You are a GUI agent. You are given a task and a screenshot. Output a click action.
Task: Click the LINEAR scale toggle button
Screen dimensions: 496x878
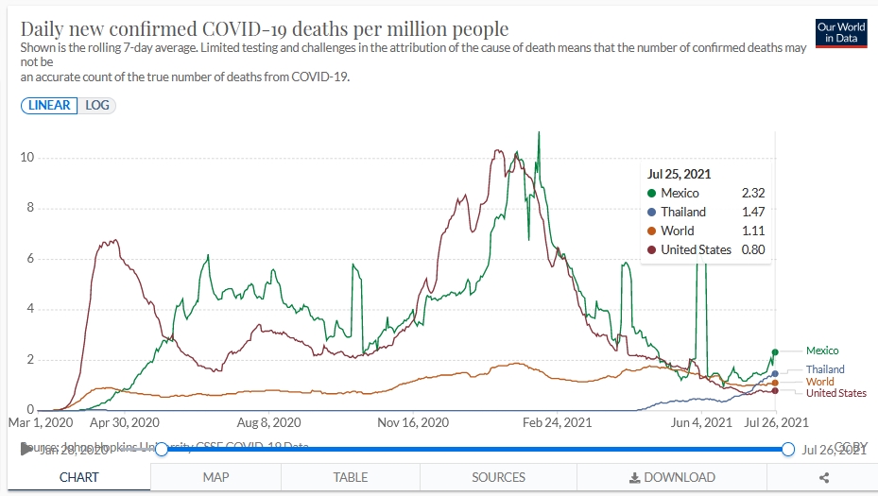[x=49, y=105]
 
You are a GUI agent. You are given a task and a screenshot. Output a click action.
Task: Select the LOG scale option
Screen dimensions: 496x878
[x=97, y=105]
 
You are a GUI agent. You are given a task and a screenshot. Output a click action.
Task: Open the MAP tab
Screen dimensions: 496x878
[x=215, y=477]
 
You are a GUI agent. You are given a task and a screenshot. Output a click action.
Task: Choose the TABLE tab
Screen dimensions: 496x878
[x=351, y=477]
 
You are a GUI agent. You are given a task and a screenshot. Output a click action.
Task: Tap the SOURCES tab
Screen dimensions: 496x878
[x=498, y=477]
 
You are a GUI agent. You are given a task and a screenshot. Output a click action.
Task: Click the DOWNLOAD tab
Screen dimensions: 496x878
[x=672, y=477]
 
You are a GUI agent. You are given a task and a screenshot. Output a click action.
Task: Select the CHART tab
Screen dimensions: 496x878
[x=78, y=477]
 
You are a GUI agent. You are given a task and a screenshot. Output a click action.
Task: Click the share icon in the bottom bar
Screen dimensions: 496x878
[x=824, y=477]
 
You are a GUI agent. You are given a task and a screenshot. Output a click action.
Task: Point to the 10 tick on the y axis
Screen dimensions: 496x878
[x=28, y=157]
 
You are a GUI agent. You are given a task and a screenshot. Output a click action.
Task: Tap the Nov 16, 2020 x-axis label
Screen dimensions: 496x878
[x=414, y=422]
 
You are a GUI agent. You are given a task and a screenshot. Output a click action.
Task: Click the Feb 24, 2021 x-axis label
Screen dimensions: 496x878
[x=558, y=422]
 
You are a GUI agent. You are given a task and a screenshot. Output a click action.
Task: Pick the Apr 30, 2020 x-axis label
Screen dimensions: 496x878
[x=124, y=422]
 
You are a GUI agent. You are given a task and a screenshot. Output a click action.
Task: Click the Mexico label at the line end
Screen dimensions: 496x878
[x=821, y=351]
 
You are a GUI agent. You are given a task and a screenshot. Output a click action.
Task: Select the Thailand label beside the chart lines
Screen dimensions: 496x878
[x=825, y=369]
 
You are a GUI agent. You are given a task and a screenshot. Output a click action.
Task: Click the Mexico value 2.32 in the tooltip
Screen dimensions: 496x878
[x=752, y=194]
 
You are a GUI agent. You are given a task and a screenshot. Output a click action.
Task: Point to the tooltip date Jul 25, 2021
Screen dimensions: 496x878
[x=679, y=174]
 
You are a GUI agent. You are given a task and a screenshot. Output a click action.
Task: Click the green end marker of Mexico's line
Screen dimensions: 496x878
[x=775, y=351]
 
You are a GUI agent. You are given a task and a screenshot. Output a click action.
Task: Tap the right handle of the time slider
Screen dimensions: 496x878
[x=788, y=449]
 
